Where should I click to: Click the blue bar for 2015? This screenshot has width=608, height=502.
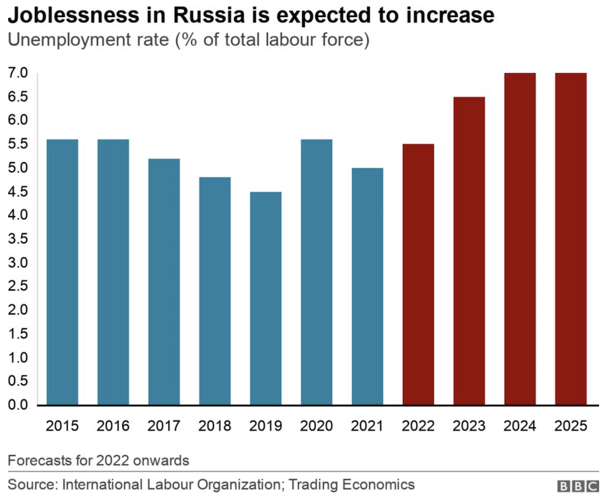pos(63,272)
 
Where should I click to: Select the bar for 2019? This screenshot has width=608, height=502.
pos(266,298)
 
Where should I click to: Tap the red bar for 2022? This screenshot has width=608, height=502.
pos(418,275)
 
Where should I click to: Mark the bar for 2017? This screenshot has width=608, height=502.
pos(164,282)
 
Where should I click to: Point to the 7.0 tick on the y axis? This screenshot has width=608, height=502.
pos(18,73)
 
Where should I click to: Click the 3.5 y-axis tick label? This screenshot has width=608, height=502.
pos(18,239)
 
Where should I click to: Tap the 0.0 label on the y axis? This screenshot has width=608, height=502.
pos(18,405)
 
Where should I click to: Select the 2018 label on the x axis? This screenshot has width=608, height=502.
pos(215,425)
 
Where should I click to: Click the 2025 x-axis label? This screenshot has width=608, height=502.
pos(571,425)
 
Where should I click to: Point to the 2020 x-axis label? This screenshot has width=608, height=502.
pos(317,425)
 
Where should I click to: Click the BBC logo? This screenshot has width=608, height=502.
pos(578,486)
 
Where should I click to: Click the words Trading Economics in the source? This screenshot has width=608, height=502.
pos(358,485)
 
